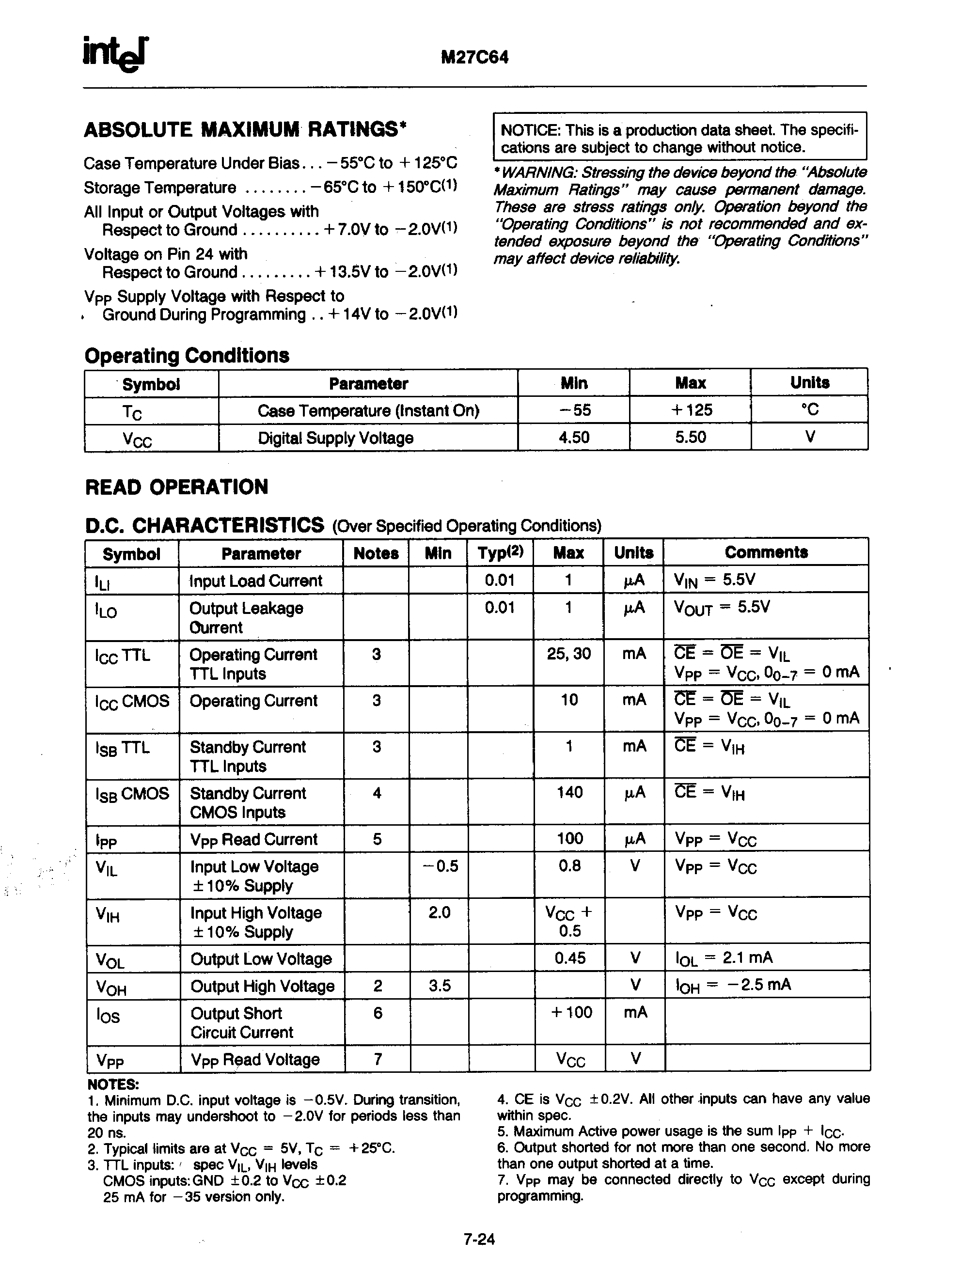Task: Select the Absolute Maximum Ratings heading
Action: tap(244, 129)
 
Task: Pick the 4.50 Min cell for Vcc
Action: tap(573, 437)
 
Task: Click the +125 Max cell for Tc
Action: tap(691, 410)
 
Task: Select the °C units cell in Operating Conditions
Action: tap(809, 409)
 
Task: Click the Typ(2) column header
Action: tap(500, 552)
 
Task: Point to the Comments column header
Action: tap(766, 552)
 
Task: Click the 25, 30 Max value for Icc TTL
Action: tap(568, 653)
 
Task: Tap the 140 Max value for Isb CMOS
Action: tap(569, 792)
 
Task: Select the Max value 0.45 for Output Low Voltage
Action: tap(569, 957)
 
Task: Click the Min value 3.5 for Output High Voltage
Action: tap(440, 986)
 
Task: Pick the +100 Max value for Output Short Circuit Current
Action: tap(571, 1012)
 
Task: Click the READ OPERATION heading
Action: tap(176, 487)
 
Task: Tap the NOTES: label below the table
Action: tap(113, 1084)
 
